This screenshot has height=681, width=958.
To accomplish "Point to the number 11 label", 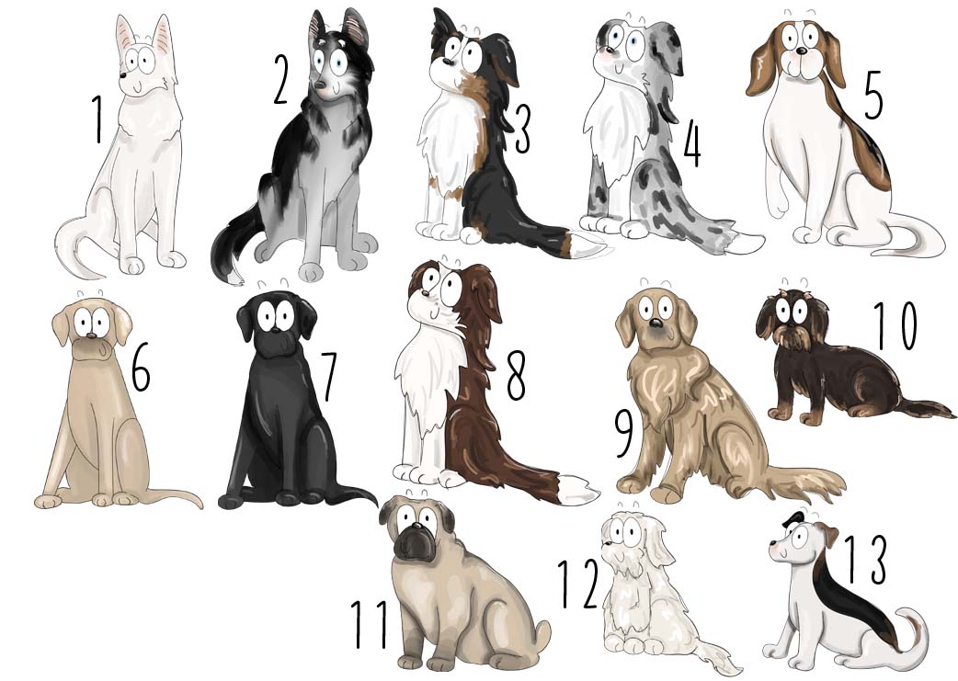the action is pyautogui.click(x=370, y=624).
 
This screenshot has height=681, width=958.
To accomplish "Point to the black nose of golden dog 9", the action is pyautogui.click(x=655, y=323).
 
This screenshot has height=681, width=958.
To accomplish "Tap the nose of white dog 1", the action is pyautogui.click(x=123, y=75).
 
